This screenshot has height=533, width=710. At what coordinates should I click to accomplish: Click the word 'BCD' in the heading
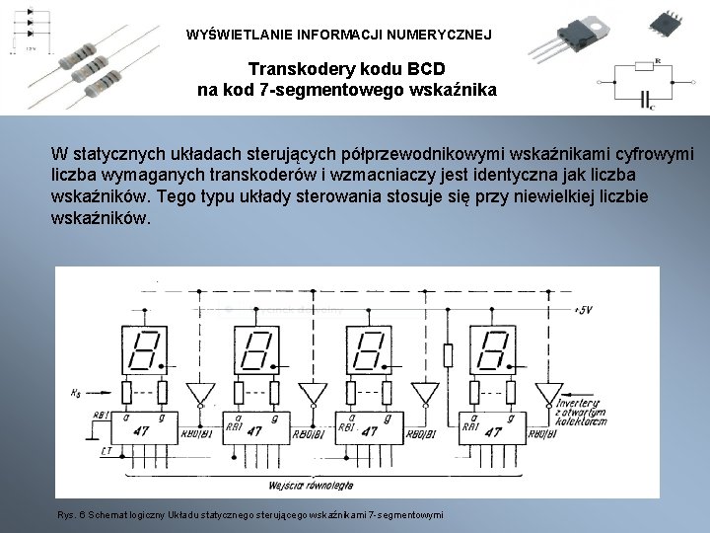(x=419, y=70)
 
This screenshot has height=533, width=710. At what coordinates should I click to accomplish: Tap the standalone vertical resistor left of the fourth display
(x=448, y=355)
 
